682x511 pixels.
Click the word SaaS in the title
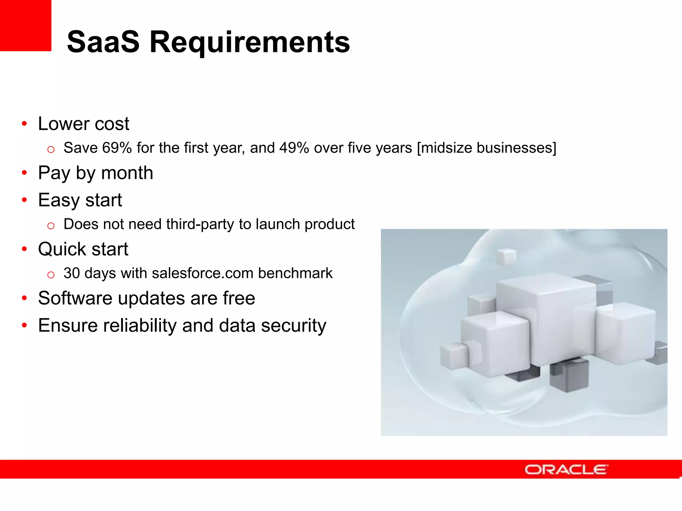click(103, 42)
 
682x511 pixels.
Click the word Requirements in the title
click(250, 43)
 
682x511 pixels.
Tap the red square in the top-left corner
click(25, 25)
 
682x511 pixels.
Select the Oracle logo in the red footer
click(566, 469)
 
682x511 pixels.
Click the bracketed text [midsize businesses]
click(487, 148)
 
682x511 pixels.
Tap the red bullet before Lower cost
click(24, 124)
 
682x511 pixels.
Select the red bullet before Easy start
click(24, 200)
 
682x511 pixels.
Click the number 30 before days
click(72, 273)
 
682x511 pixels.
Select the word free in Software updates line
click(239, 298)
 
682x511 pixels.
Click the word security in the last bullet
click(293, 325)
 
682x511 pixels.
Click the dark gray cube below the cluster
click(569, 376)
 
